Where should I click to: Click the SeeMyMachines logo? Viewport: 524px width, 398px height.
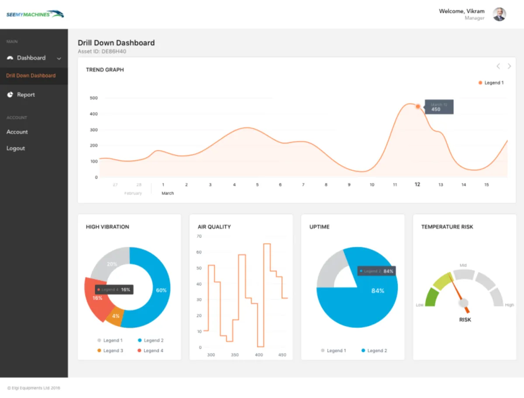tap(35, 14)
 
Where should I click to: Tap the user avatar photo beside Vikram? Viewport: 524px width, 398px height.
tap(499, 14)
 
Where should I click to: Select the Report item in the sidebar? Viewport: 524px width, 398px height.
tap(25, 95)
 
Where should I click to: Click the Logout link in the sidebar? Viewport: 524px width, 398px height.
tap(16, 148)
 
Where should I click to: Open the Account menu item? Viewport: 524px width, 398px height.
tap(17, 132)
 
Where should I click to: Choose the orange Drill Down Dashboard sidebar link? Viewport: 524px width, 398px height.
tap(31, 75)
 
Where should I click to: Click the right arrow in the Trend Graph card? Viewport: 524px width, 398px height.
tap(509, 66)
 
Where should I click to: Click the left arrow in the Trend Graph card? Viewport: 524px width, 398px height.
tap(498, 66)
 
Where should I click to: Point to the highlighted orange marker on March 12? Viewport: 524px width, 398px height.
tap(418, 106)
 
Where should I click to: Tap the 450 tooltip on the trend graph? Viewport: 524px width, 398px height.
tap(439, 107)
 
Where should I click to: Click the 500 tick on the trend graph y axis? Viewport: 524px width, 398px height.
tap(93, 98)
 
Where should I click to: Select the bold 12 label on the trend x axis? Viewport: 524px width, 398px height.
tap(417, 184)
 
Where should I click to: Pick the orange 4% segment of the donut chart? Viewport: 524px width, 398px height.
tap(115, 317)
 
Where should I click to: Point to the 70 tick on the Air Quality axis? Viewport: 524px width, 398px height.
tap(199, 236)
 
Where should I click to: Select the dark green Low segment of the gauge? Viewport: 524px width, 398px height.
tap(431, 298)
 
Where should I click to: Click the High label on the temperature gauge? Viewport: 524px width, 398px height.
tap(509, 305)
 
